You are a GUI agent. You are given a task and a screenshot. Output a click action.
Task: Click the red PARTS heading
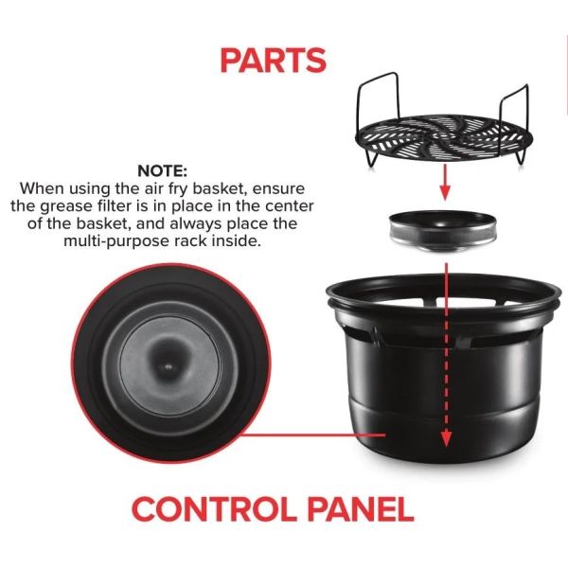[274, 61]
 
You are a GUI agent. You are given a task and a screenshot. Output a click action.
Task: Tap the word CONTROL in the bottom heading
[214, 509]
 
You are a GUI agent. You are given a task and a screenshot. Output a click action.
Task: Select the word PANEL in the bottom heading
[361, 509]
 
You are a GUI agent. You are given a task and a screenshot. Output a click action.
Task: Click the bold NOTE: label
[162, 170]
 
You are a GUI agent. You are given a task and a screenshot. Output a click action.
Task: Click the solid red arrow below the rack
[445, 182]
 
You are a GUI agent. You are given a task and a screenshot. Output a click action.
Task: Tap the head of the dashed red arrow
[446, 438]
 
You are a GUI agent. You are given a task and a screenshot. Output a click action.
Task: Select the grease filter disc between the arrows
[442, 232]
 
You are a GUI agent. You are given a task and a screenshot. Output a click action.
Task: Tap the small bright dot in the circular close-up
[168, 367]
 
